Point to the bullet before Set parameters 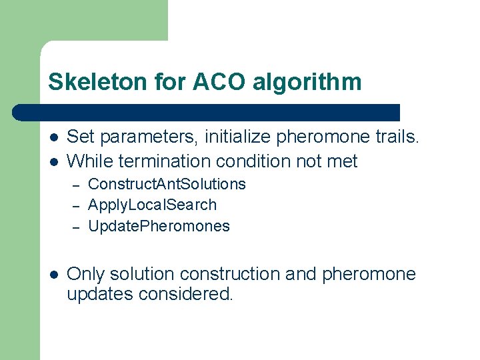coord(53,138)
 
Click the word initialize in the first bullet coord(237,138)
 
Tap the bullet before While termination coord(53,161)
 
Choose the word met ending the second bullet coord(344,161)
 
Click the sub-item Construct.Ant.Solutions coord(167,184)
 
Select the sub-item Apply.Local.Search coord(152,205)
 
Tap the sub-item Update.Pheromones coord(159,226)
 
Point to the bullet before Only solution coord(53,275)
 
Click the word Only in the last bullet coord(87,274)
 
